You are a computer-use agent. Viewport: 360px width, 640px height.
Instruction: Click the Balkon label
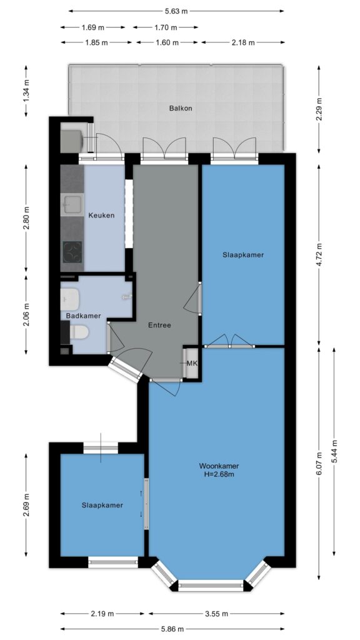click(x=181, y=109)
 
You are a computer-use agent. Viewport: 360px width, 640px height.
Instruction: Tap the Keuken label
click(x=101, y=216)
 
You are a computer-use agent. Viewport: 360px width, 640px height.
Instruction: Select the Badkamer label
click(x=83, y=316)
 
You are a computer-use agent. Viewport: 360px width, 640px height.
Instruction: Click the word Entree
click(x=159, y=325)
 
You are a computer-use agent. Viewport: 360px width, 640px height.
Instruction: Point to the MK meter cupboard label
click(x=191, y=363)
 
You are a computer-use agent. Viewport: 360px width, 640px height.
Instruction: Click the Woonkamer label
click(x=219, y=466)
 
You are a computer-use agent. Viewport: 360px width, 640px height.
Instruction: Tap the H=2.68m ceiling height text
click(x=219, y=474)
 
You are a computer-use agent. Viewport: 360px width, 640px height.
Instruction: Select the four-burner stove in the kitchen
click(x=72, y=251)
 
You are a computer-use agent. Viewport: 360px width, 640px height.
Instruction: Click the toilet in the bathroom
click(x=79, y=332)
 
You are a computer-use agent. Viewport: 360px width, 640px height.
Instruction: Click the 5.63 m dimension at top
click(x=176, y=11)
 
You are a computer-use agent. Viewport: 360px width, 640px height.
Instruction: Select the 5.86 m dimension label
click(x=172, y=629)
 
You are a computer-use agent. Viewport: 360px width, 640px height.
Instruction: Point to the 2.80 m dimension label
click(x=26, y=218)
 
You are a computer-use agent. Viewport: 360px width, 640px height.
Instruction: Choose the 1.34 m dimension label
click(x=26, y=91)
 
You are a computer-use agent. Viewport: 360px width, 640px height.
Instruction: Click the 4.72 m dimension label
click(x=319, y=255)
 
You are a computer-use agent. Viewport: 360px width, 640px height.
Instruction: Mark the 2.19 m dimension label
click(x=102, y=614)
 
